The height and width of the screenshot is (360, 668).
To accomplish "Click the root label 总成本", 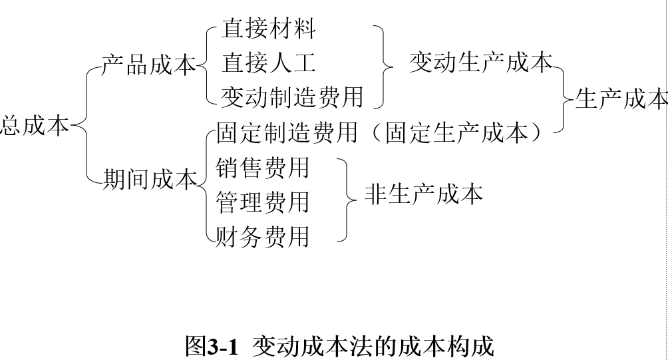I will [x=35, y=124].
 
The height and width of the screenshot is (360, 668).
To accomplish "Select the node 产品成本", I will [x=148, y=65].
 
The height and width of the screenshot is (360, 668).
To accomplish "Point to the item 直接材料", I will [x=269, y=29].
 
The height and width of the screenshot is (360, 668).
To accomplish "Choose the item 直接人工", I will [x=269, y=63].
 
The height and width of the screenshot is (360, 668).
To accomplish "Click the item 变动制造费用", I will [x=293, y=97].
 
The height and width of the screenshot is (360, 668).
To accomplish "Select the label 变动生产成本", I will [x=480, y=63].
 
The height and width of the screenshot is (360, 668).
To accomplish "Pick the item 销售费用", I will [x=263, y=167].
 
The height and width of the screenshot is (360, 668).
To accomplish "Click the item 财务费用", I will [x=263, y=236].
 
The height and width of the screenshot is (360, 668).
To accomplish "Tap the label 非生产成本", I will [x=423, y=194].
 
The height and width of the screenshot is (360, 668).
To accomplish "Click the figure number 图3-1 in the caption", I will [x=211, y=347].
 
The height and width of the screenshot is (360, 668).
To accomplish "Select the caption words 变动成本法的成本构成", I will [x=373, y=347].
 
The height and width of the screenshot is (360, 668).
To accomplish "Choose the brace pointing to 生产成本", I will [x=564, y=100].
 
